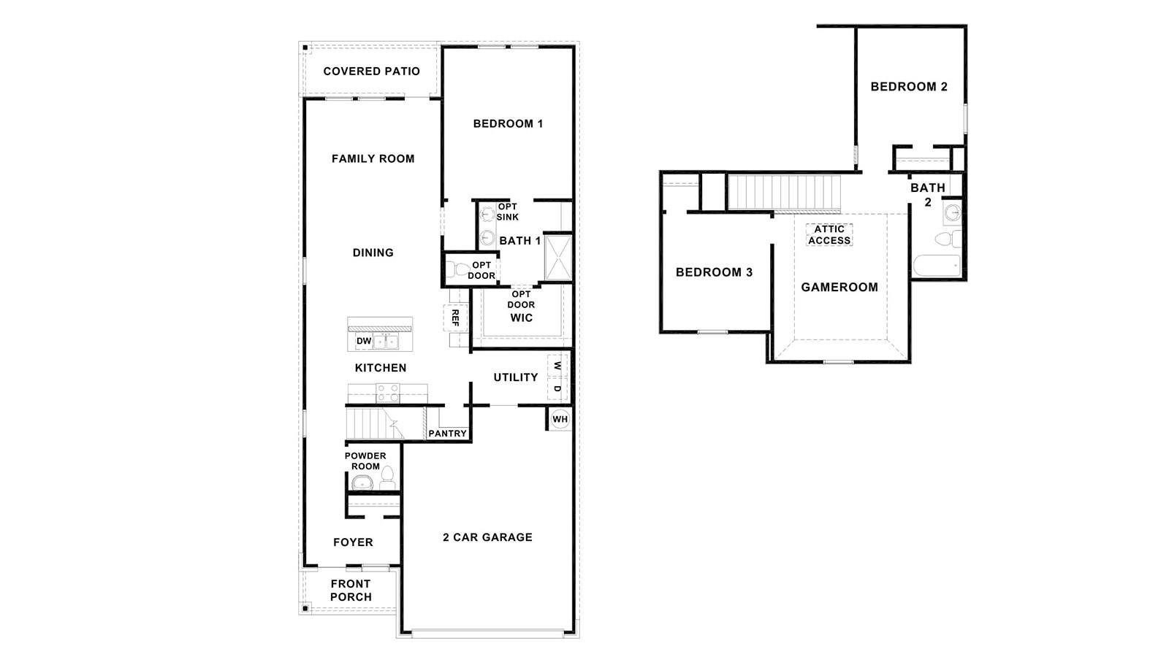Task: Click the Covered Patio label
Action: coord(371,72)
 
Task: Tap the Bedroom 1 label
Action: coord(508,123)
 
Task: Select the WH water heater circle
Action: coord(560,419)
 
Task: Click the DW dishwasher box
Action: coord(363,341)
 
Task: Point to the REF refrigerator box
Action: coord(454,317)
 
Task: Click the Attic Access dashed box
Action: coord(829,234)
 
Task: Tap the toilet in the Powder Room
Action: coord(387,477)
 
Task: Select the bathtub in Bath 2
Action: coord(937,265)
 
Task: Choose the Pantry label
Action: coord(447,434)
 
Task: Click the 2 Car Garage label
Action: coord(487,537)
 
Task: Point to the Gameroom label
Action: coord(839,287)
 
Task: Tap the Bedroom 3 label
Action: coord(714,272)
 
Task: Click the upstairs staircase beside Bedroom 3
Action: coord(785,191)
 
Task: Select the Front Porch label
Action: coord(351,590)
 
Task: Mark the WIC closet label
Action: coord(521,318)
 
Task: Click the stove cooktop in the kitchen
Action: coord(387,393)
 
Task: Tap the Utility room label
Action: coord(515,377)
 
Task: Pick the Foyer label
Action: coord(353,542)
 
